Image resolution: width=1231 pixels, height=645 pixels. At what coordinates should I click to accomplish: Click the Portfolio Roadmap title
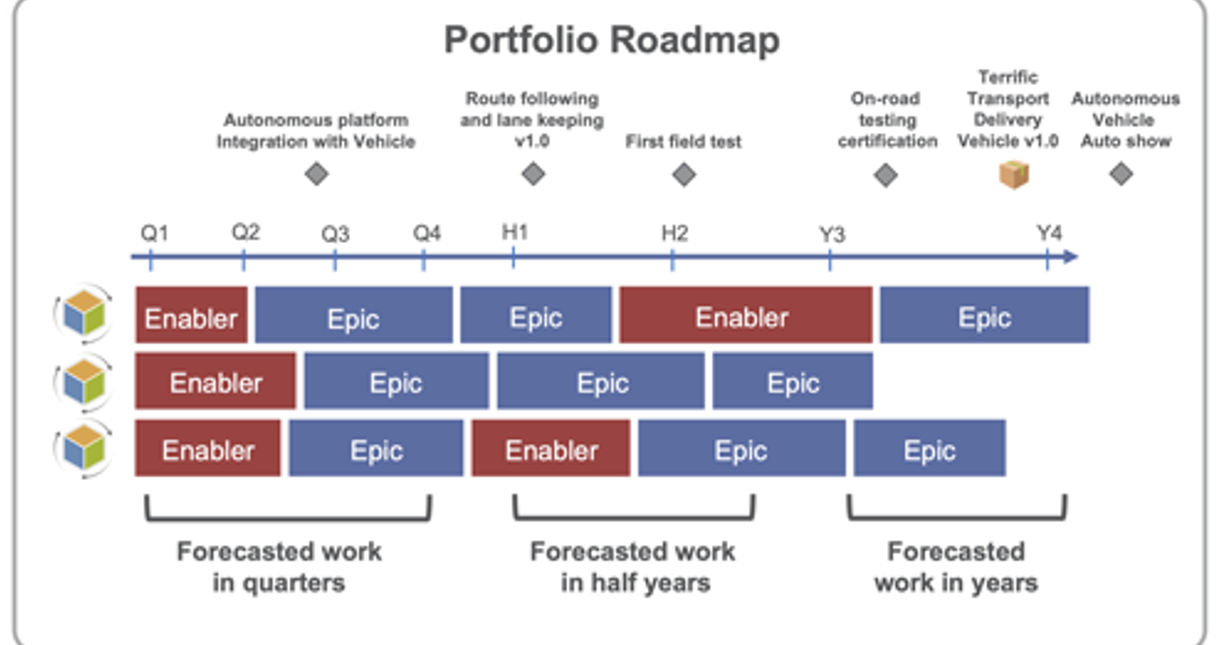612,41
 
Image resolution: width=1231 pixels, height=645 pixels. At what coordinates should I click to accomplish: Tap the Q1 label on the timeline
155,234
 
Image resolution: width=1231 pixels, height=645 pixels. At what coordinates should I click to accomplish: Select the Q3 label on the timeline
335,234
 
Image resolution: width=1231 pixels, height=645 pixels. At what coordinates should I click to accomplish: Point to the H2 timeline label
675,234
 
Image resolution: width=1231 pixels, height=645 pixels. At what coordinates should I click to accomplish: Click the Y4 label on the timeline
1049,234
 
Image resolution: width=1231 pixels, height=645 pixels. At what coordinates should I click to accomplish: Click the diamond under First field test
684,175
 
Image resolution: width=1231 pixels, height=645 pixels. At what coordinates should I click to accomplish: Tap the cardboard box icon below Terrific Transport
1014,174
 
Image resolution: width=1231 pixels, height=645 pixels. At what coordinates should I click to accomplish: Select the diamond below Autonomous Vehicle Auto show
1121,174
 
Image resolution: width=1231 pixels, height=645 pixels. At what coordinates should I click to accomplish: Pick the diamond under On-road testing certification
885,175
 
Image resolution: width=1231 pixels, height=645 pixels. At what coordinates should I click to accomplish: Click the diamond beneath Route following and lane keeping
533,174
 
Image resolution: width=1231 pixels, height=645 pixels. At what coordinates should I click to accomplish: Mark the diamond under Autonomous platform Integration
317,174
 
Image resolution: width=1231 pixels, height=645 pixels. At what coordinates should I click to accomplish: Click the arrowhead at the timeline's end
1070,257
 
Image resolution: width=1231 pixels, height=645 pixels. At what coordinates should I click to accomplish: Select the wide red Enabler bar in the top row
746,315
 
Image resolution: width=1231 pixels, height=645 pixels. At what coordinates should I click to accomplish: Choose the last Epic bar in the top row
984,315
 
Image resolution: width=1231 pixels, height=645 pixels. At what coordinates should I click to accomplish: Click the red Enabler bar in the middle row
215,381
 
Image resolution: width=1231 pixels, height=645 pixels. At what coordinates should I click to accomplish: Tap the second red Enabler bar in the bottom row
550,448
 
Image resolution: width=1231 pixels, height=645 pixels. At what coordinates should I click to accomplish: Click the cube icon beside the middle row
83,382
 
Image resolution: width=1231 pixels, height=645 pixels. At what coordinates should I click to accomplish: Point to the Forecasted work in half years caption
634,567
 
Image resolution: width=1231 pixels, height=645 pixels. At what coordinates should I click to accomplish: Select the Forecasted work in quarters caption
280,567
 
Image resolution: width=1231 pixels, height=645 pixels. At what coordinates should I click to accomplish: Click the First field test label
683,142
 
